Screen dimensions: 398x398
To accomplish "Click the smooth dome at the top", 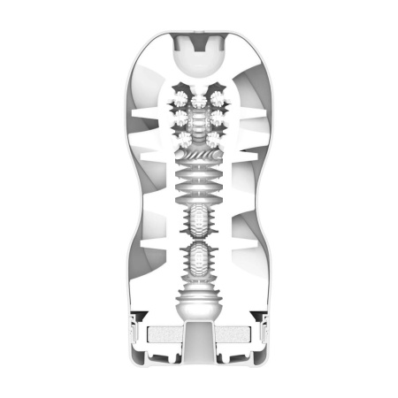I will tap(200, 60).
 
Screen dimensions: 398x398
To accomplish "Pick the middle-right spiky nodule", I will tap(218, 117).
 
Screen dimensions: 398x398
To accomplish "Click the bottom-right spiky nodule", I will tap(214, 138).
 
